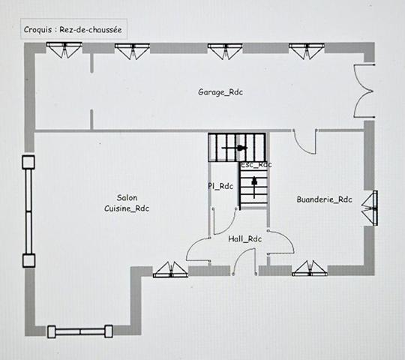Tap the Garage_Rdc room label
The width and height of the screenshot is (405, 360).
(220, 91)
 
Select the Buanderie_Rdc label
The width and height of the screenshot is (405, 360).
(324, 199)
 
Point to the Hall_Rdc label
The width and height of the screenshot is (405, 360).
(244, 238)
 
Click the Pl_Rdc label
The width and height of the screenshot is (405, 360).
(220, 186)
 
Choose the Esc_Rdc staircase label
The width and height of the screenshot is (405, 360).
(256, 164)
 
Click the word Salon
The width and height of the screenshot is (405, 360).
(127, 197)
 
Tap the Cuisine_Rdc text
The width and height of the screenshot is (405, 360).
(127, 208)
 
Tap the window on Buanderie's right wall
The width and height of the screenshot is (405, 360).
(370, 207)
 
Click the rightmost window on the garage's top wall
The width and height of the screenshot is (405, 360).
(306, 49)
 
